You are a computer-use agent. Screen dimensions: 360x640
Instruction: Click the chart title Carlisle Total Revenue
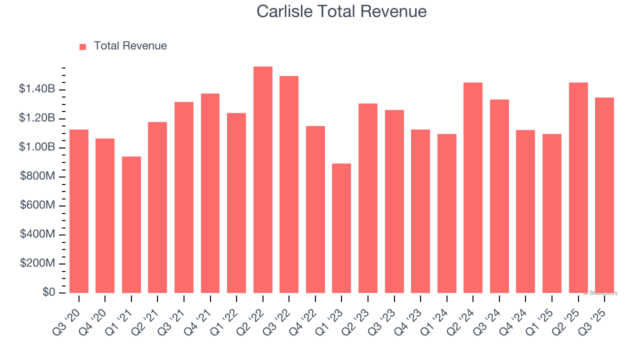pyautogui.click(x=341, y=11)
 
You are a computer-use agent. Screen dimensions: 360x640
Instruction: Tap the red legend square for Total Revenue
pyautogui.click(x=83, y=46)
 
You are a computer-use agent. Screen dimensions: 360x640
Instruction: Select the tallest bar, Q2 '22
pyautogui.click(x=263, y=180)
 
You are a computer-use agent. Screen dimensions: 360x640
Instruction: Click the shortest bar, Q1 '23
pyautogui.click(x=341, y=228)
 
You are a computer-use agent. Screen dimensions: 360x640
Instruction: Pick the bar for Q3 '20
pyautogui.click(x=79, y=211)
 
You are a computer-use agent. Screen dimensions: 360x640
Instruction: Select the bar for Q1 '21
pyautogui.click(x=131, y=224)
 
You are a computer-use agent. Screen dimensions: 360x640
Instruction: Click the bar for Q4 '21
pyautogui.click(x=210, y=193)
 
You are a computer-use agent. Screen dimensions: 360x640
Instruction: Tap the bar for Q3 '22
pyautogui.click(x=289, y=184)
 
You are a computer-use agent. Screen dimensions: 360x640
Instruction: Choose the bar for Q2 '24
pyautogui.click(x=473, y=187)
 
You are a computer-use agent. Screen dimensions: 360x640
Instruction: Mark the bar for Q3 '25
pyautogui.click(x=604, y=195)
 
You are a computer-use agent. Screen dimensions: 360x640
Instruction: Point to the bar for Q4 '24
pyautogui.click(x=525, y=211)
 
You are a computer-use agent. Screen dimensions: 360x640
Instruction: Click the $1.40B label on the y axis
pyautogui.click(x=37, y=89)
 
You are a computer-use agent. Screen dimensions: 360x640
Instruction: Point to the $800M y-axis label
pyautogui.click(x=37, y=176)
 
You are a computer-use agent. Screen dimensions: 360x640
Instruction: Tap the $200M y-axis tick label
pyautogui.click(x=37, y=263)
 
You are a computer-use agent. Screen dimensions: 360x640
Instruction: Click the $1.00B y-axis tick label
pyautogui.click(x=37, y=147)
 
